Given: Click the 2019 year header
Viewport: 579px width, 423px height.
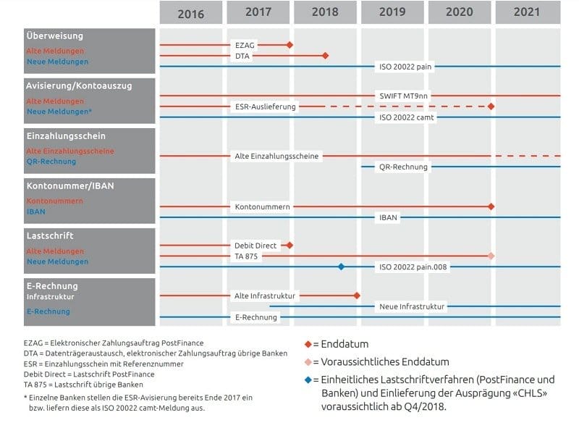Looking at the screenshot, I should [x=393, y=12].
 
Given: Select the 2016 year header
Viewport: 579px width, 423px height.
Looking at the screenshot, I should [x=190, y=13].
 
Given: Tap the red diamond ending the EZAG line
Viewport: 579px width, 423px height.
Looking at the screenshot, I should [x=289, y=45].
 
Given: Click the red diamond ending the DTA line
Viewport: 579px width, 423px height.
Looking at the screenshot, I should [x=325, y=56].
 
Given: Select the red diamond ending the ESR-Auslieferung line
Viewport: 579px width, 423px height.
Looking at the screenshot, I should [x=491, y=106].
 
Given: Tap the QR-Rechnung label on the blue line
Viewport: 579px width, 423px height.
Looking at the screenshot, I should [x=403, y=167].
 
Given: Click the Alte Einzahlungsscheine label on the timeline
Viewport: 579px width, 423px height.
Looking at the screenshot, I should [x=276, y=156].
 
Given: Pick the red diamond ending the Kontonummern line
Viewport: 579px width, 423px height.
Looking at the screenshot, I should [x=491, y=206].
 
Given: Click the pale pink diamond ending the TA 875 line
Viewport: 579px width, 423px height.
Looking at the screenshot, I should [x=491, y=256].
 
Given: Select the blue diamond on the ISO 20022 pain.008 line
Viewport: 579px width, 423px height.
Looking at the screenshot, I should [x=341, y=267].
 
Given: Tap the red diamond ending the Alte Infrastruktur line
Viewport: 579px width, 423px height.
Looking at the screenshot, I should [x=357, y=296].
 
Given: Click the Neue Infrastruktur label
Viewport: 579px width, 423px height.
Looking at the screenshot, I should [x=412, y=306].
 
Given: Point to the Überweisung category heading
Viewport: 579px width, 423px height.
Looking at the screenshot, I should [x=54, y=35].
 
